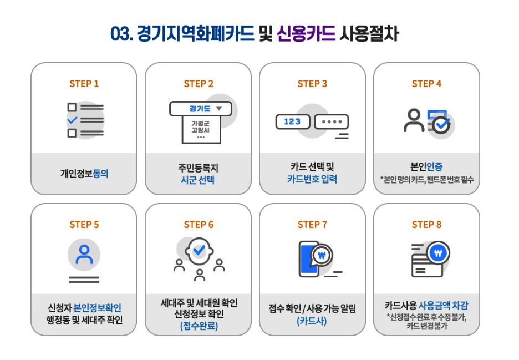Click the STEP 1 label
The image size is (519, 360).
[84, 83]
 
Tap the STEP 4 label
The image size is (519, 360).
[426, 83]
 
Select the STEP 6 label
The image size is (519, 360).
[199, 225]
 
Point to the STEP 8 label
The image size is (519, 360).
[426, 225]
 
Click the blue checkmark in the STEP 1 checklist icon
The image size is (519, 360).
[72, 120]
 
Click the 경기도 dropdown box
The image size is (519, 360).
[201, 109]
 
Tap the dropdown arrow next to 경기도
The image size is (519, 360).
[219, 108]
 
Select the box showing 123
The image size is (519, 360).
[293, 121]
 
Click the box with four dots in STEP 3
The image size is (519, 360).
[332, 121]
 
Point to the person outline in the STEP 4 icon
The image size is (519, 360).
[414, 120]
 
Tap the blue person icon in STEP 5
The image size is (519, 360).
[84, 255]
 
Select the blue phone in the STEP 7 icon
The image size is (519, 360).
[308, 259]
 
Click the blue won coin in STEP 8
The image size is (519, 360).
[438, 253]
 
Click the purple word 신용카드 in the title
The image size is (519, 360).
[306, 33]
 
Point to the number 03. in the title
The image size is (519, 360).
[121, 34]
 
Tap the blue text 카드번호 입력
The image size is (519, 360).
[312, 179]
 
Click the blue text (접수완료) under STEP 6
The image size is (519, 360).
[199, 326]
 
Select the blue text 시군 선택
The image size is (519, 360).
[197, 180]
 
